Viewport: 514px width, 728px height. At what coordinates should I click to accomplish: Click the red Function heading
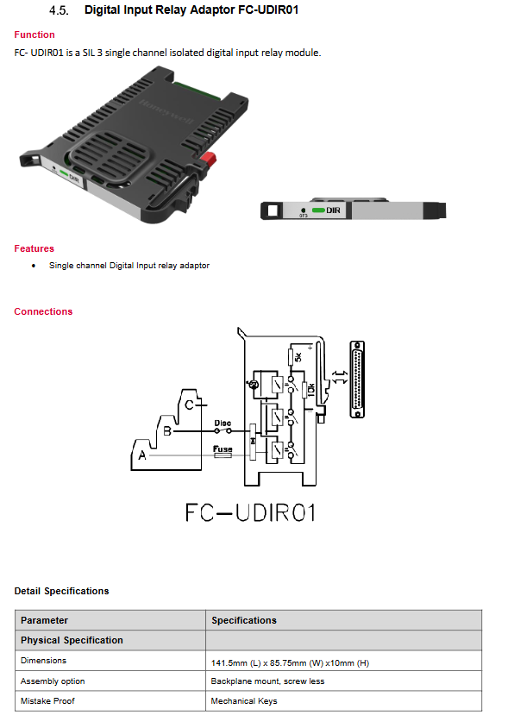pos(34,35)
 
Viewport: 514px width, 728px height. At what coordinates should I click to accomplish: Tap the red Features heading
pos(34,248)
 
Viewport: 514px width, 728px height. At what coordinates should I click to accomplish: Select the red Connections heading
pos(43,311)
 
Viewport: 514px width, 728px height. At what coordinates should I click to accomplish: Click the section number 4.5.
pos(59,10)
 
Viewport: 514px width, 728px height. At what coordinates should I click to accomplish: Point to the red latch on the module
pos(209,160)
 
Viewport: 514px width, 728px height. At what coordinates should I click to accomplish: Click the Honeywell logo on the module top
pos(166,112)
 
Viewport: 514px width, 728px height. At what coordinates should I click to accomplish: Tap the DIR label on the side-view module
pos(334,210)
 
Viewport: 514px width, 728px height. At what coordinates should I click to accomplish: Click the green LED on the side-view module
pos(318,210)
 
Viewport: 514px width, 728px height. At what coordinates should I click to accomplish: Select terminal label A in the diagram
pos(142,455)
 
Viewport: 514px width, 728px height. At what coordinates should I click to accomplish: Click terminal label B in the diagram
pos(167,431)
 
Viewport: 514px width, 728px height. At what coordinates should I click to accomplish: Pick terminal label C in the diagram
pos(189,405)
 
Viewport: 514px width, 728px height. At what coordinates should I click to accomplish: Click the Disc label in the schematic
pos(223,423)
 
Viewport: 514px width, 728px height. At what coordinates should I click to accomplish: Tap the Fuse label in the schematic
pos(223,449)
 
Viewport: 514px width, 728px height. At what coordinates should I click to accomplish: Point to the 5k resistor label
pos(298,357)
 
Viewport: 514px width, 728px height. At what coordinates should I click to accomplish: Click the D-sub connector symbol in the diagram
pos(356,380)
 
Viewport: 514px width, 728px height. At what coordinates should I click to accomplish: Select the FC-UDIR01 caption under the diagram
pos(251,512)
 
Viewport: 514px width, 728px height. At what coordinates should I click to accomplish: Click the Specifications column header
pos(244,620)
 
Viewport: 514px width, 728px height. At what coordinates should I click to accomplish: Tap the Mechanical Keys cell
pos(244,701)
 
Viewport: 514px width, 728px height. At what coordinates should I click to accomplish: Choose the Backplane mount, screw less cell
pos(267,681)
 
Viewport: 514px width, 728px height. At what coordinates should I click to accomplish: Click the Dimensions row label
pos(43,660)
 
